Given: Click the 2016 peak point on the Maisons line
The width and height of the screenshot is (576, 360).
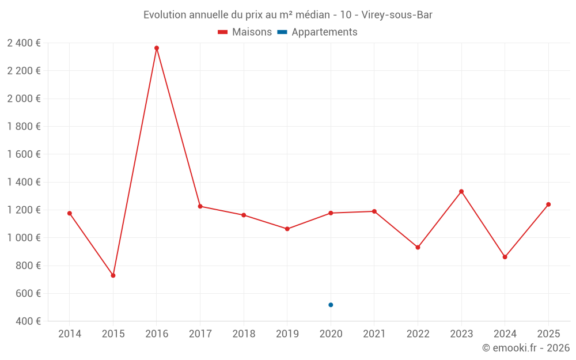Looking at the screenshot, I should (157, 48).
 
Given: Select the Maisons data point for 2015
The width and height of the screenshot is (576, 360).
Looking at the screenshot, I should (113, 275).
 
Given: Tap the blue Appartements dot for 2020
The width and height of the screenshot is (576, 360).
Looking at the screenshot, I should (331, 305).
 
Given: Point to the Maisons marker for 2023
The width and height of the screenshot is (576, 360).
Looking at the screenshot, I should (461, 191).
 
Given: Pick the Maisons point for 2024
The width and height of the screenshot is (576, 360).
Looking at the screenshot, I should (505, 257).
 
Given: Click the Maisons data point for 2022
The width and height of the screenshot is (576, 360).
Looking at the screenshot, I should (418, 247).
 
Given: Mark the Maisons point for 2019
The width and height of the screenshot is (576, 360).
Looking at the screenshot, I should (287, 229).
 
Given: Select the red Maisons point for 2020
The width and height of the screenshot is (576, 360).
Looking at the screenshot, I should (331, 213).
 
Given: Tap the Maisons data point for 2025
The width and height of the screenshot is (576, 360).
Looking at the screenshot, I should (548, 204).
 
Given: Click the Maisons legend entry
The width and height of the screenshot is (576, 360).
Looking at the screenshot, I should (245, 32).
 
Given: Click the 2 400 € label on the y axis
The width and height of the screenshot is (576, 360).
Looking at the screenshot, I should (24, 43).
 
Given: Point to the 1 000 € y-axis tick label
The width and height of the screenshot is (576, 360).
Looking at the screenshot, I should (24, 238).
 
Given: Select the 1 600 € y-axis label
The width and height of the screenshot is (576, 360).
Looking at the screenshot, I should (24, 154).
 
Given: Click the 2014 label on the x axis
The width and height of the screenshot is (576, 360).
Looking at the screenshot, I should (70, 334).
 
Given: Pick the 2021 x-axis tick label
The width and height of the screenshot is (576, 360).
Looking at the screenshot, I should (374, 334).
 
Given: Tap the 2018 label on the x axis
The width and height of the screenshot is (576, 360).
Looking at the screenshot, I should (244, 334).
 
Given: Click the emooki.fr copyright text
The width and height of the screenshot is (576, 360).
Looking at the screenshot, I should (525, 348).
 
